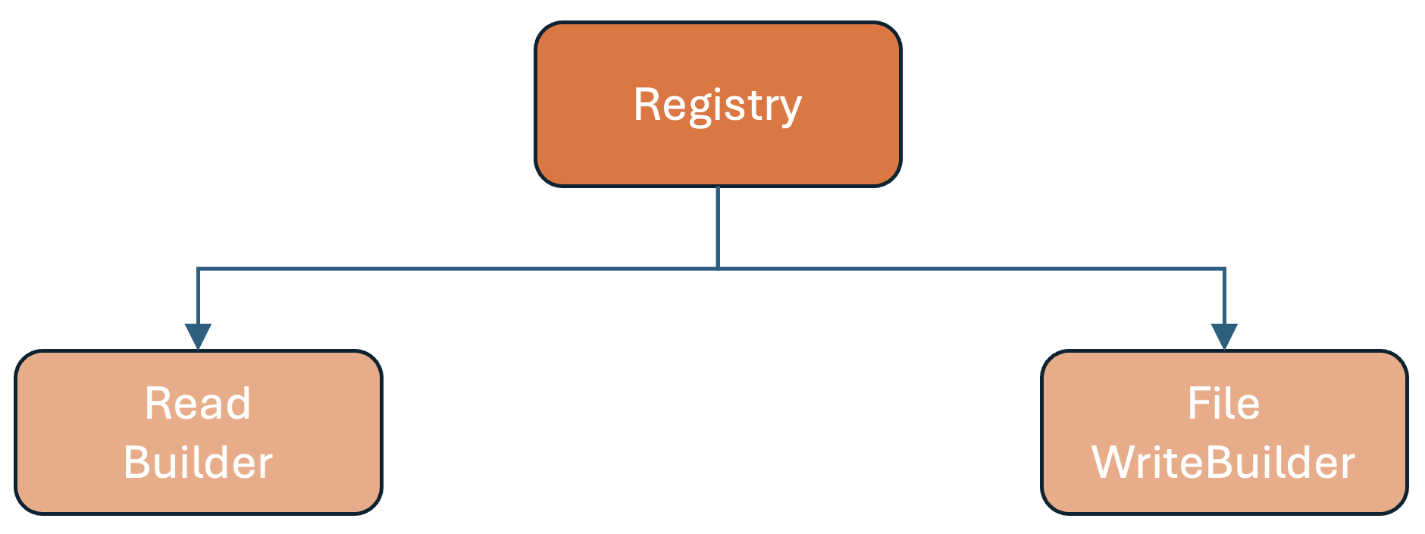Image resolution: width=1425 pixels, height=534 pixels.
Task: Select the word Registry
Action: click(717, 105)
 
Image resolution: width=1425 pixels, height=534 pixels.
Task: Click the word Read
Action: click(197, 404)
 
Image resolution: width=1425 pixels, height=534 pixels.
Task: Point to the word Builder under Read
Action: click(197, 463)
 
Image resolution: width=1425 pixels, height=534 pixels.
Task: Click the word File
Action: click(1223, 404)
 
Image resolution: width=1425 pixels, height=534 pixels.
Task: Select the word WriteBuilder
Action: click(1223, 463)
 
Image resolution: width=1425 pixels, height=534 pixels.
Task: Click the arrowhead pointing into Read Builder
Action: click(198, 336)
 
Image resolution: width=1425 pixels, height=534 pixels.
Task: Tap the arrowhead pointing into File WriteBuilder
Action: click(1224, 336)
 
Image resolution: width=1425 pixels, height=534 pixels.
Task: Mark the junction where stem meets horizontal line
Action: click(717, 268)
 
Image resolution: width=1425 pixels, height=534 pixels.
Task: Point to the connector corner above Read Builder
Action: click(198, 269)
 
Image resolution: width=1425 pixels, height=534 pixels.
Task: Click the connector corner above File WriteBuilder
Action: click(1224, 269)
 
